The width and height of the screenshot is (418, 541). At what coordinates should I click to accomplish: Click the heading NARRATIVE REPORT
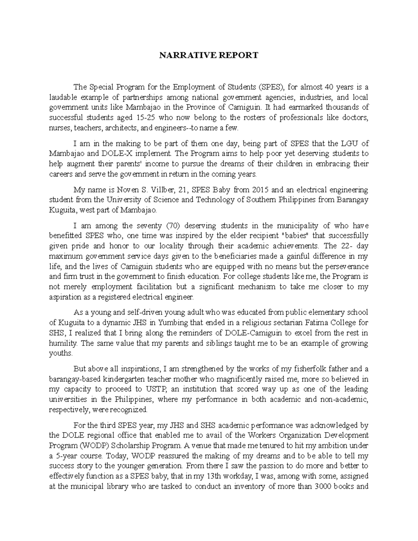(209, 55)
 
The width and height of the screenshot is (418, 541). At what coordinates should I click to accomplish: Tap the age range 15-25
(143, 117)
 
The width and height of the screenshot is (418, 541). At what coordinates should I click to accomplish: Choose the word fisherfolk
(318, 369)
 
